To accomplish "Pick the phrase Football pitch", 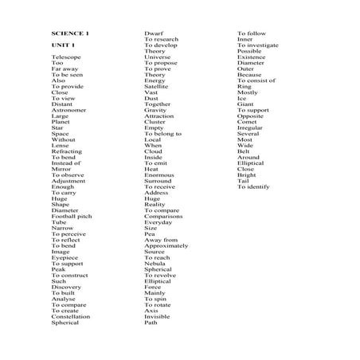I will click(72, 216).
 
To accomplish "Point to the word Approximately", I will click(166, 245).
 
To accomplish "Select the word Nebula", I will click(155, 263).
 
